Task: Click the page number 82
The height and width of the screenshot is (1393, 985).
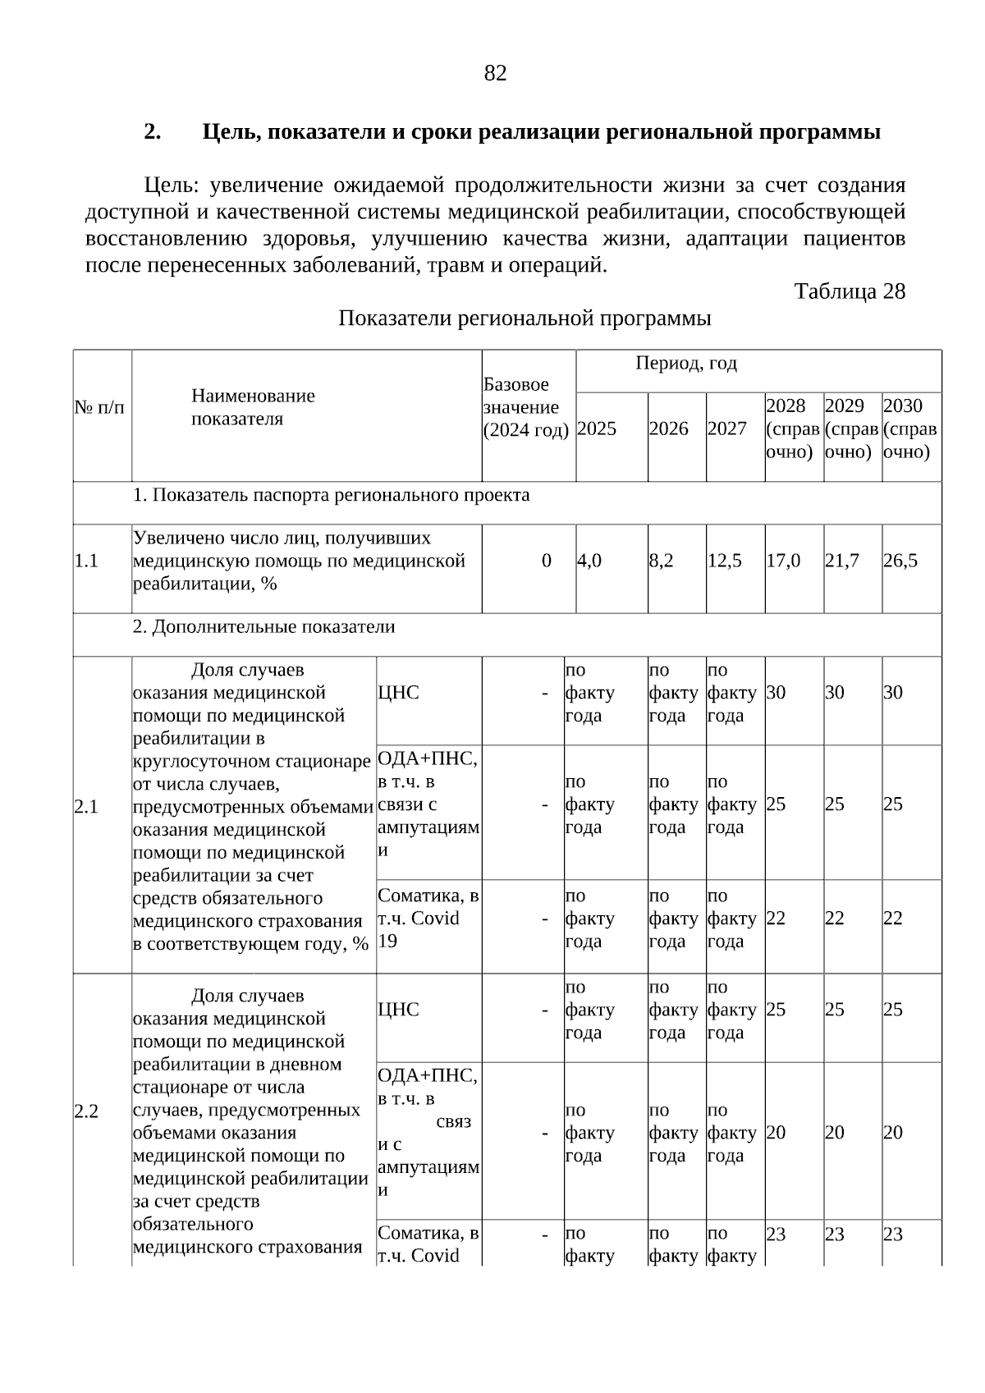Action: pyautogui.click(x=495, y=74)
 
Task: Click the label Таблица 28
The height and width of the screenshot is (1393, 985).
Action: pyautogui.click(x=849, y=291)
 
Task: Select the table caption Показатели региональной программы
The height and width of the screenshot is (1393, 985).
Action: pyautogui.click(x=525, y=318)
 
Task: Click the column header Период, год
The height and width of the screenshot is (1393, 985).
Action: pyautogui.click(x=685, y=364)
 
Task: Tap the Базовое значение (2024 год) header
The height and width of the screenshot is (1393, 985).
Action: pyautogui.click(x=525, y=408)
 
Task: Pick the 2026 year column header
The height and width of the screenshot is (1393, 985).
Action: pyautogui.click(x=668, y=429)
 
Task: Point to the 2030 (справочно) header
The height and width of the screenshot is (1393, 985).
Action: pyautogui.click(x=909, y=428)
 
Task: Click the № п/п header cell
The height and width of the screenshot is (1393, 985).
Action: pyautogui.click(x=100, y=408)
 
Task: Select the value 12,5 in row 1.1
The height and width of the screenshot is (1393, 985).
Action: pyautogui.click(x=725, y=561)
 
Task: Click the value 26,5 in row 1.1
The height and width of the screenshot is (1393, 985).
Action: pyautogui.click(x=900, y=561)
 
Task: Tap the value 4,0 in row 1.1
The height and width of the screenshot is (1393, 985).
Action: pyautogui.click(x=589, y=561)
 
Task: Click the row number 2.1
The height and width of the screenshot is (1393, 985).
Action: pyautogui.click(x=86, y=807)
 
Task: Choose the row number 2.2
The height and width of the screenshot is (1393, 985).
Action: pyautogui.click(x=86, y=1112)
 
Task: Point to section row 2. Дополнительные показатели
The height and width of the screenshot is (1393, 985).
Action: pyautogui.click(x=263, y=627)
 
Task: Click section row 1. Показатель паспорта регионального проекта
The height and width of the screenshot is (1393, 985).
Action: pyautogui.click(x=331, y=496)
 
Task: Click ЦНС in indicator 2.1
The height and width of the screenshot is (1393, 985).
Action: pyautogui.click(x=398, y=693)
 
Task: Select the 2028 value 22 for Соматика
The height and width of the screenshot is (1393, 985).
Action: pyautogui.click(x=776, y=919)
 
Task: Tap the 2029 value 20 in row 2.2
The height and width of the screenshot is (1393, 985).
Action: pyautogui.click(x=834, y=1133)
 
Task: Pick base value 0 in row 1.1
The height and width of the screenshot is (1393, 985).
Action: pyautogui.click(x=546, y=561)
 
